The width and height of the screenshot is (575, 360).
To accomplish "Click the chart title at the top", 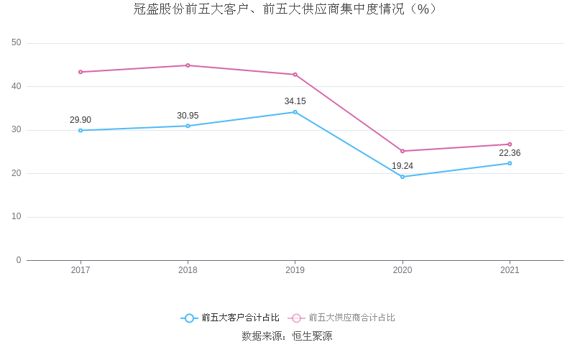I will pyautogui.click(x=286, y=9).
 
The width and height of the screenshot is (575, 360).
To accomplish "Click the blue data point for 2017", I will pyautogui.click(x=80, y=130).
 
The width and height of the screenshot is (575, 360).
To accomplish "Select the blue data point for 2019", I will pyautogui.click(x=295, y=112).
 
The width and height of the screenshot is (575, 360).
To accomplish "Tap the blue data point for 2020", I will pyautogui.click(x=402, y=177).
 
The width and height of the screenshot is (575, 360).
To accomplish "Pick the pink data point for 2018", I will pyautogui.click(x=188, y=65).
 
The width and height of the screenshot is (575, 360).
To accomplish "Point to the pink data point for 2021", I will pyautogui.click(x=510, y=144).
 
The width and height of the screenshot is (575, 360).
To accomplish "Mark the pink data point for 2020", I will pyautogui.click(x=402, y=151).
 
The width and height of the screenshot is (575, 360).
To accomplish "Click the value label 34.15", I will pyautogui.click(x=295, y=101).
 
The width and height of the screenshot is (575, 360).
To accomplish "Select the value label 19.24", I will pyautogui.click(x=402, y=166).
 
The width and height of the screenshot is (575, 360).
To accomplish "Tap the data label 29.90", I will pyautogui.click(x=80, y=120).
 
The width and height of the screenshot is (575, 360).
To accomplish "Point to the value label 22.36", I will pyautogui.click(x=510, y=153).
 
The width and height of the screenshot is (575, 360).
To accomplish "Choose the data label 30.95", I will pyautogui.click(x=188, y=116).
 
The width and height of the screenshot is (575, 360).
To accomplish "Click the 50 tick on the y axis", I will pyautogui.click(x=17, y=43).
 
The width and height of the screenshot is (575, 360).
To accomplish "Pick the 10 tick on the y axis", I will pyautogui.click(x=17, y=216).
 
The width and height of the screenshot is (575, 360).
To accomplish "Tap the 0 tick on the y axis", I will pyautogui.click(x=19, y=260).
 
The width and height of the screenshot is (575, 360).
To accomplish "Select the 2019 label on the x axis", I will pyautogui.click(x=295, y=270).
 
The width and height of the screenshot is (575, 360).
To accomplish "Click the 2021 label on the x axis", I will pyautogui.click(x=510, y=270).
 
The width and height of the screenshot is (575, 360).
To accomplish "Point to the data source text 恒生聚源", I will pyautogui.click(x=312, y=336).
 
